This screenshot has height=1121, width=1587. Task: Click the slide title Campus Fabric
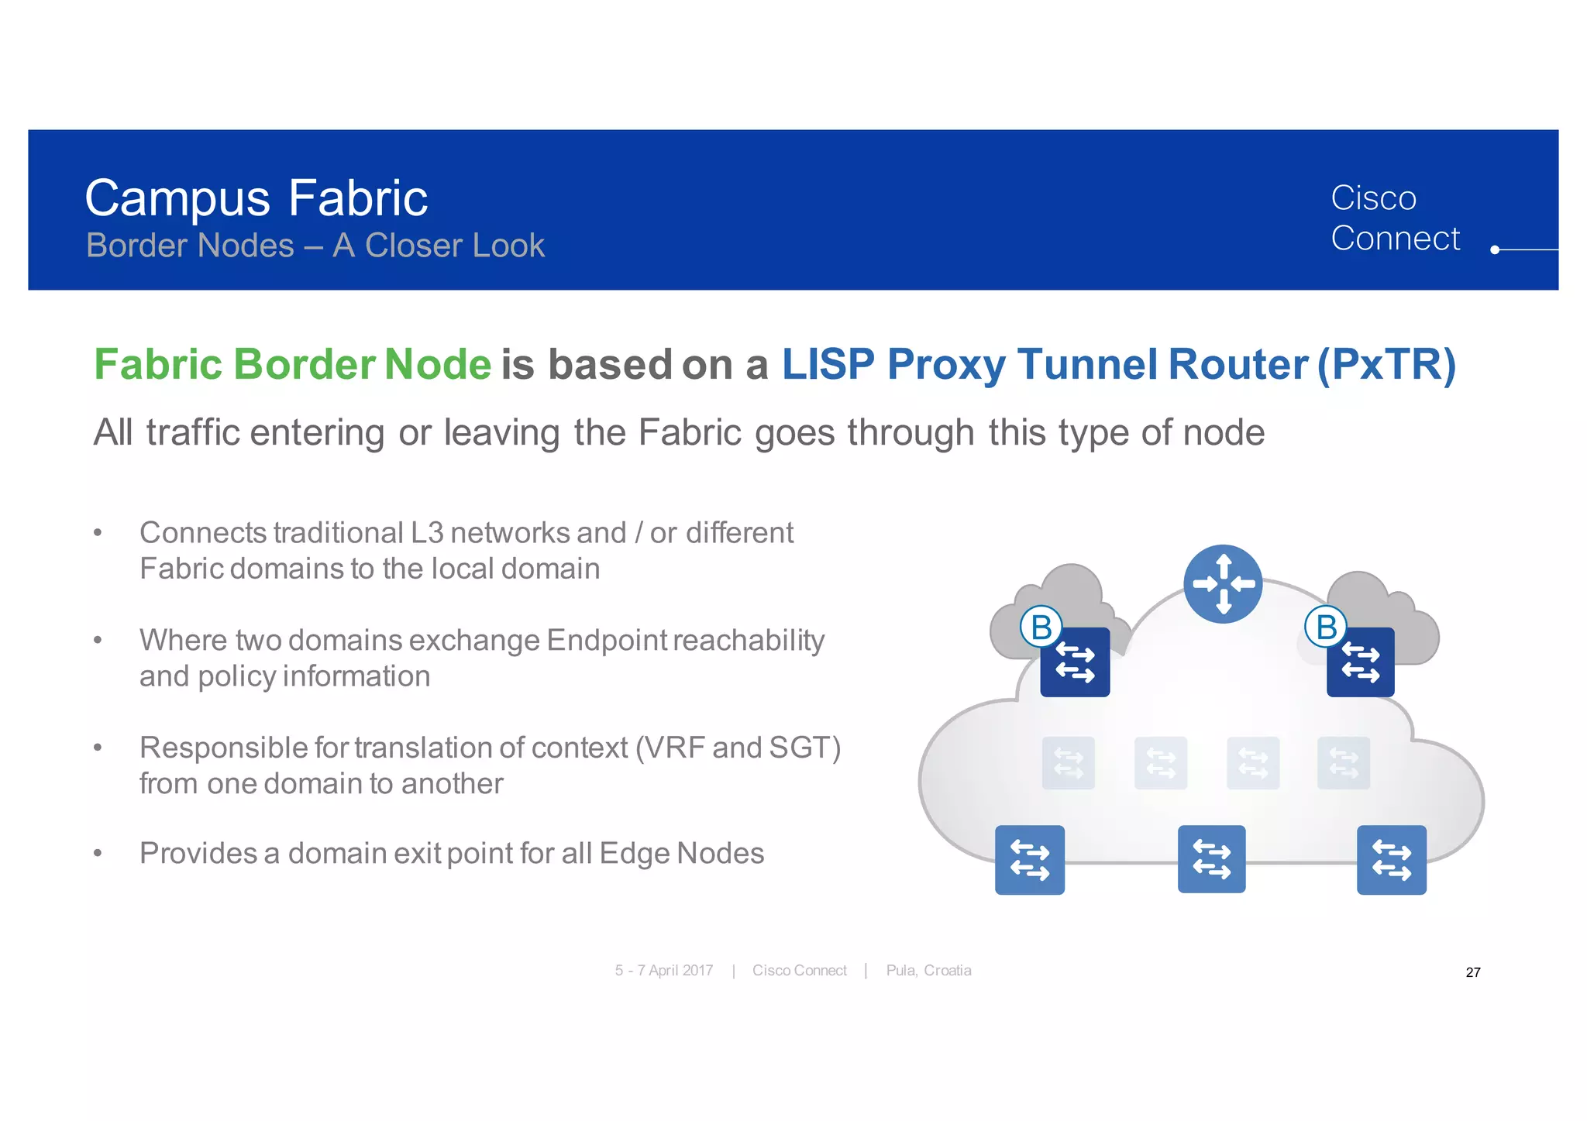point(256,198)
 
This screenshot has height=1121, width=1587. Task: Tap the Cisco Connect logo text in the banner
point(1394,218)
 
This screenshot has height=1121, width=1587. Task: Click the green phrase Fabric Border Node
point(292,364)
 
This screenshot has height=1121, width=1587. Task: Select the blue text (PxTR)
point(1387,364)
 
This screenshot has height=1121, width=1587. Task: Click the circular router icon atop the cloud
point(1223,584)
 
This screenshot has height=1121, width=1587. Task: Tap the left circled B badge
point(1041,627)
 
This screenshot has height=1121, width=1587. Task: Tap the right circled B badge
point(1326,627)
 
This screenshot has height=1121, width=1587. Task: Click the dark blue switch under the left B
point(1075,663)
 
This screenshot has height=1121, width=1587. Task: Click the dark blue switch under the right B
point(1361,663)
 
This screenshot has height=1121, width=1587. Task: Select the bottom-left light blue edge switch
point(1029,860)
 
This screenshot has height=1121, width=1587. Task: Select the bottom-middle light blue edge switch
point(1211,859)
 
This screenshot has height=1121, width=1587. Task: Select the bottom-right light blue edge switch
point(1391,860)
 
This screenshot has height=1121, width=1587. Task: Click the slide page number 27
point(1473,972)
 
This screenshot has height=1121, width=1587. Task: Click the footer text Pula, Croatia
point(928,971)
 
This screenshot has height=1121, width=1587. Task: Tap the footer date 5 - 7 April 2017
point(664,971)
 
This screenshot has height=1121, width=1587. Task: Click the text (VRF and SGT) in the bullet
point(738,748)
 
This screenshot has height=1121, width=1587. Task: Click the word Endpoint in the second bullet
point(607,641)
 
